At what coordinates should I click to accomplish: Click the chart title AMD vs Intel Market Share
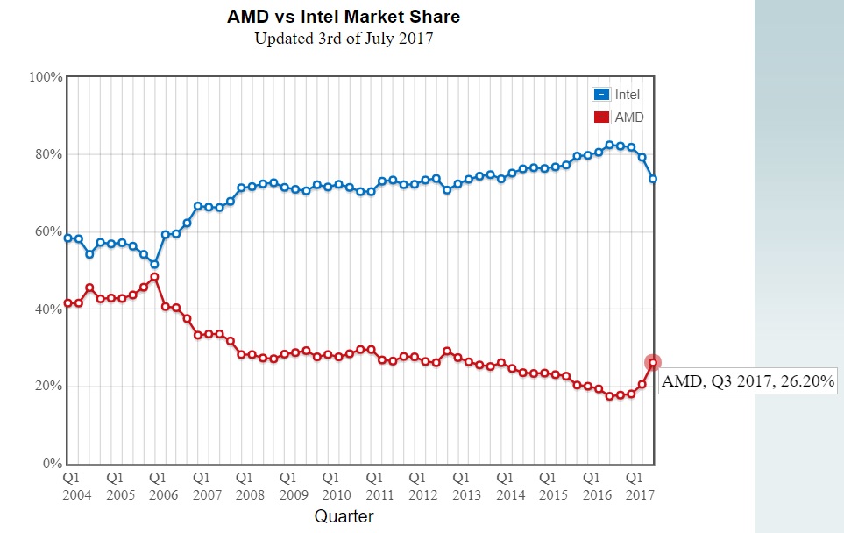pos(344,17)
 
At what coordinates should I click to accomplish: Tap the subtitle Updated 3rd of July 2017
pos(344,39)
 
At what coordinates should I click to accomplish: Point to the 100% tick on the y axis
pos(46,77)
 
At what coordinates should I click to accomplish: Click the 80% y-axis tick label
pos(48,154)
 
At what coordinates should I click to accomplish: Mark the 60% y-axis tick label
pos(48,231)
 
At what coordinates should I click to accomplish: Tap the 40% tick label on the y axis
pos(48,309)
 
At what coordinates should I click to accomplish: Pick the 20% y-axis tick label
pos(48,386)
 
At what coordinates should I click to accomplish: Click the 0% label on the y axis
pos(52,464)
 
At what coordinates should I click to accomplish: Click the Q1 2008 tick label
pos(250,487)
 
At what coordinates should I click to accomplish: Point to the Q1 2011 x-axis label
pos(379,487)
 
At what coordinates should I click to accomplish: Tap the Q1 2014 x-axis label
pos(510,487)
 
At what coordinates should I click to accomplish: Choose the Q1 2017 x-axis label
pos(640,487)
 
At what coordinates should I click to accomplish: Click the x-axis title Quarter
pos(344,516)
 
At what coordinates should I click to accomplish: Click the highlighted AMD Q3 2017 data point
pos(653,362)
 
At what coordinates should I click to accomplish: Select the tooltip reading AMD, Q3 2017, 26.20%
pos(748,381)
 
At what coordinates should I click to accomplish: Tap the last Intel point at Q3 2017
pos(653,179)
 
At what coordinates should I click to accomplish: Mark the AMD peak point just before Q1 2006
pos(154,277)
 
